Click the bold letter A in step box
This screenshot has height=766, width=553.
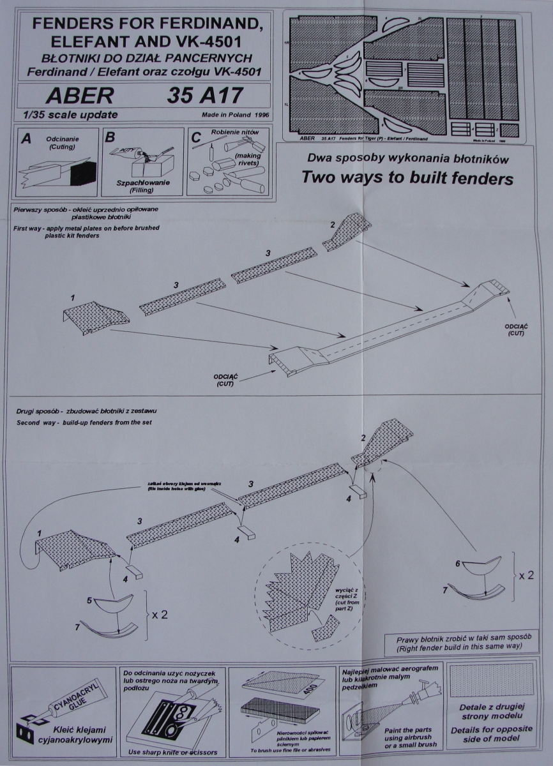click(26, 138)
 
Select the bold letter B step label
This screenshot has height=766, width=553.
click(110, 137)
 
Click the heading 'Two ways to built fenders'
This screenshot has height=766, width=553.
click(408, 178)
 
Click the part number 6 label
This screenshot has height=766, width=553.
click(457, 564)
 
